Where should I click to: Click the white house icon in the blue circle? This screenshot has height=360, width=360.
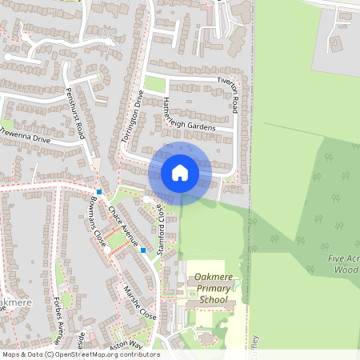180,172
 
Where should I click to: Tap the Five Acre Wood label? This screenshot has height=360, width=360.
343,265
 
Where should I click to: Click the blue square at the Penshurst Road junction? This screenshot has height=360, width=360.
99,192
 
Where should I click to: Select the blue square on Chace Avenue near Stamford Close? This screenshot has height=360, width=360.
143,250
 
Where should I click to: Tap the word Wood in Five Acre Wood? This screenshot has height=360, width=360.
346,270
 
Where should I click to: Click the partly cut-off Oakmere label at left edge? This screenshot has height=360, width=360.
14,303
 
